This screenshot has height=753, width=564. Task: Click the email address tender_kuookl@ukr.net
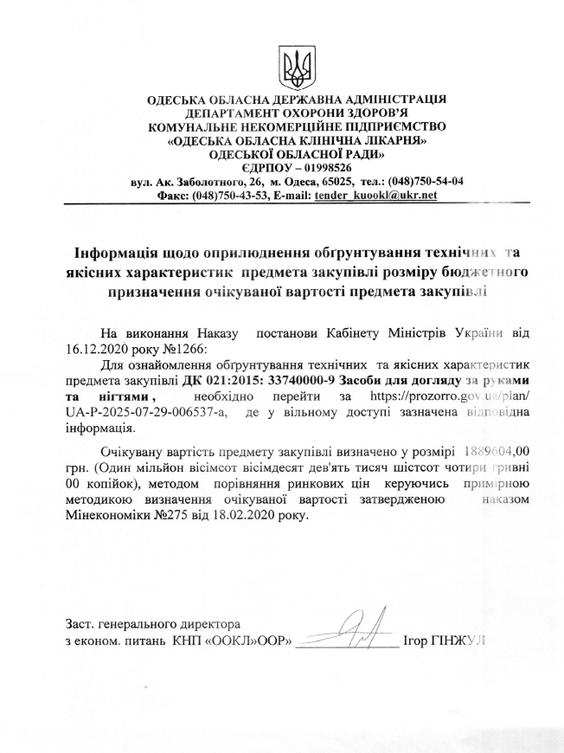coord(375,196)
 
